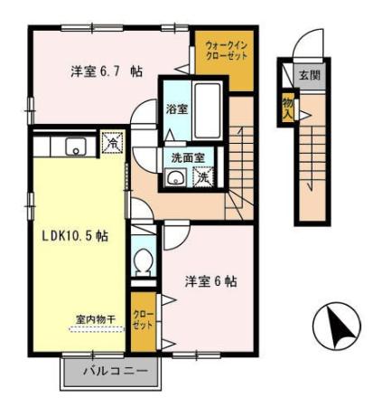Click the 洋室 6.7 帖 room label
[107, 71]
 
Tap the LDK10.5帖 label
[75, 235]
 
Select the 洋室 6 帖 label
[210, 281]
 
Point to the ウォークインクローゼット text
[227, 51]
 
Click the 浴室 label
[177, 109]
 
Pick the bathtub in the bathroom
[208, 110]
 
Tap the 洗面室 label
[188, 157]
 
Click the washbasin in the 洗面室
[175, 177]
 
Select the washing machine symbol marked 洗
[203, 176]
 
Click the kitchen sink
[76, 146]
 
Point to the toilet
[144, 262]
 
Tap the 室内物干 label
[96, 319]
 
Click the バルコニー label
[116, 371]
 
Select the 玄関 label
[310, 75]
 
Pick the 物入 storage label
[288, 109]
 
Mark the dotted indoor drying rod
[97, 329]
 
